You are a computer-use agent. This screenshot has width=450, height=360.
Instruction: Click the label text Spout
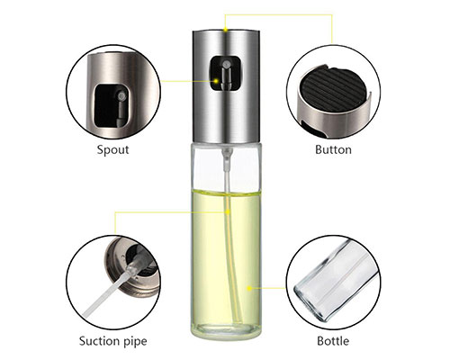pos(112,149)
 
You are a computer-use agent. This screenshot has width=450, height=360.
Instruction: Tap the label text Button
pos(333,149)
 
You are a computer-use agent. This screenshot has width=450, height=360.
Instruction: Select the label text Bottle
pos(333,341)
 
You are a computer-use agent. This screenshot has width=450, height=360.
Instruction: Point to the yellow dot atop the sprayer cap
pos(226,30)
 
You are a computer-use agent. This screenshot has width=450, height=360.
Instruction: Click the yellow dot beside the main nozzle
pos(216,81)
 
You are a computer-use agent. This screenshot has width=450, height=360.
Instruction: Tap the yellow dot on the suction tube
pos(228,212)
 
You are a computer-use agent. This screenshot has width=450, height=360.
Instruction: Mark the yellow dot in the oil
pos(249,288)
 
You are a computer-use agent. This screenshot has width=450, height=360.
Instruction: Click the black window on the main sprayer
pos(226,74)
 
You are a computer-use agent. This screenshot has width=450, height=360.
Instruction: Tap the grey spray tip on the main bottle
pos(227,64)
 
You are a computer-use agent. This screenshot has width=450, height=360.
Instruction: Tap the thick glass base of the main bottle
pos(227,329)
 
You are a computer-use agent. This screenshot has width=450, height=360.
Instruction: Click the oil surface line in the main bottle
pos(227,193)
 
